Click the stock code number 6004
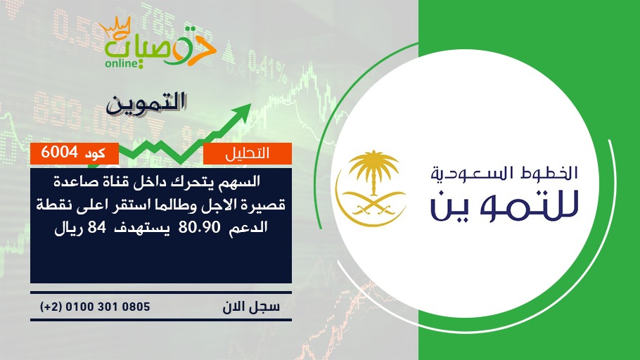pos(59,153)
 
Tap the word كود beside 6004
pos(95,153)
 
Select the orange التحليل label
pos(248,153)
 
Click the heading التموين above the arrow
pos(146,103)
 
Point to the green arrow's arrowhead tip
pos(250,104)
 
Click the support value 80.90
pos(200,226)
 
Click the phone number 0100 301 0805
pos(108,307)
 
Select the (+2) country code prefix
pos(51,307)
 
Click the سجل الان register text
pos(251,307)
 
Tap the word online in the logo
pos(122,63)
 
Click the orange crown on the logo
pos(115,27)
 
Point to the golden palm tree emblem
pos(373,172)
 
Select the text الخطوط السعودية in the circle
pos(504,173)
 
